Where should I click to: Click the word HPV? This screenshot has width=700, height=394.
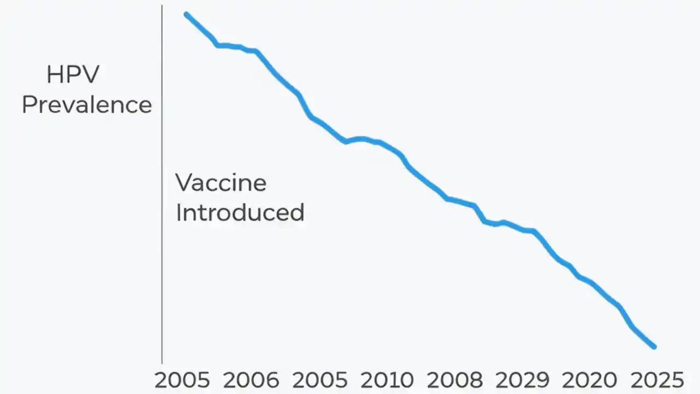73,74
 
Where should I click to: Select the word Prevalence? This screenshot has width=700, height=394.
86,105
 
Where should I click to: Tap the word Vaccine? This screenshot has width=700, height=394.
221,182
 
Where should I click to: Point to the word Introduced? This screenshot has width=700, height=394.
240,212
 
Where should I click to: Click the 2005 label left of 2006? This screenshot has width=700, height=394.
182,380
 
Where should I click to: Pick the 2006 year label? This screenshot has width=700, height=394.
251,380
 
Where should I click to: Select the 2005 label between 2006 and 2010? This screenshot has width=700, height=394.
319,380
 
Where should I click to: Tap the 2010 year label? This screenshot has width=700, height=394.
387,380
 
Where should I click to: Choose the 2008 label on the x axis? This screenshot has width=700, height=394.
455,380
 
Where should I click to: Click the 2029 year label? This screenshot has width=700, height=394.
522,380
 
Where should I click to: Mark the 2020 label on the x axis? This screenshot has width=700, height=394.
590,380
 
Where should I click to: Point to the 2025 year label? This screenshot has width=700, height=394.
657,380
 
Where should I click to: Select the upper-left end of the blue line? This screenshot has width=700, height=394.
186,14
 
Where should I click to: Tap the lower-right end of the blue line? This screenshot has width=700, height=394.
654,346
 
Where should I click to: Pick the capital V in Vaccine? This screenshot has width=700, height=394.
184,182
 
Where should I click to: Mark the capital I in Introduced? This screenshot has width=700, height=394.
178,212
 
